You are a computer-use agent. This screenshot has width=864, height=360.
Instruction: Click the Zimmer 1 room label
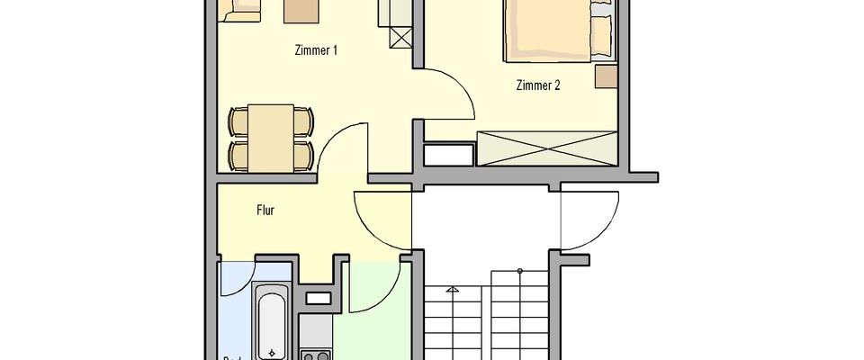[x=316, y=51]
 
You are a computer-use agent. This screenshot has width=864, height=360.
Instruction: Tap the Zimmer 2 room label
[x=538, y=86]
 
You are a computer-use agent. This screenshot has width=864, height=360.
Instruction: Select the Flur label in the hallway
[x=265, y=211]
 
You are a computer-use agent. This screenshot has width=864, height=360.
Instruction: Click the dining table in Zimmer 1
[x=270, y=137]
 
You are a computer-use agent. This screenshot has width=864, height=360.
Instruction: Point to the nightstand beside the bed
[x=606, y=77]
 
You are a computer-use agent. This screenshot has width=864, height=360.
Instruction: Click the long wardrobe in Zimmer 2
[x=547, y=148]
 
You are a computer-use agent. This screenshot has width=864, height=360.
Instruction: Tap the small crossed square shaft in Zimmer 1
[x=400, y=38]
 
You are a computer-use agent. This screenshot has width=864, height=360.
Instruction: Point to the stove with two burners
[x=317, y=355]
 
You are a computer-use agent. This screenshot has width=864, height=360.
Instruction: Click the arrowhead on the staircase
[x=453, y=291]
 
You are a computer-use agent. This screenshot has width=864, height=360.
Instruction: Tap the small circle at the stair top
[x=519, y=271]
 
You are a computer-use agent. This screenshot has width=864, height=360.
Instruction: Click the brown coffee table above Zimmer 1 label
[x=301, y=9]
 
